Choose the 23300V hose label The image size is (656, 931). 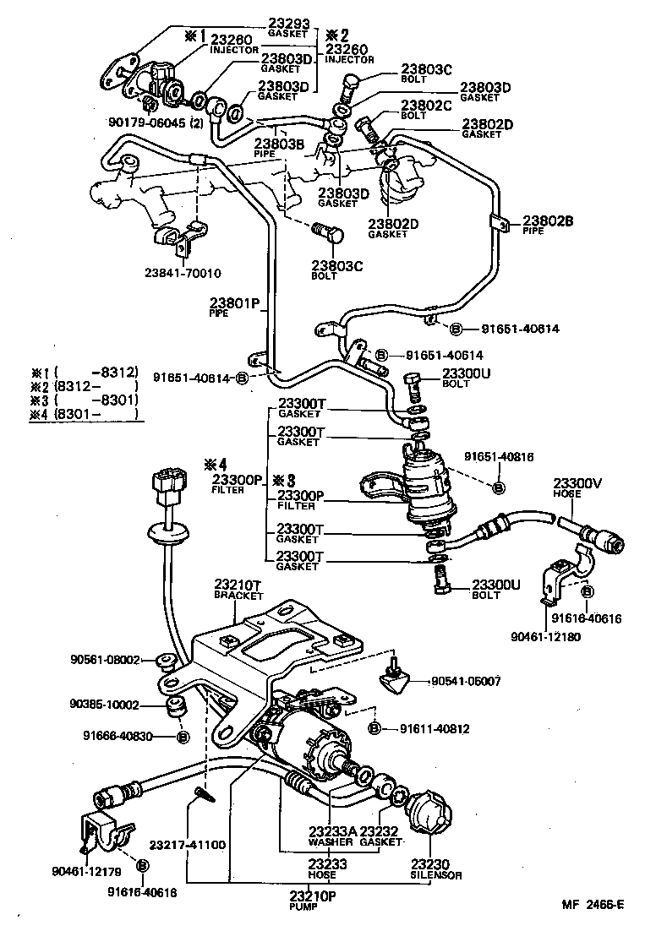tap(577, 483)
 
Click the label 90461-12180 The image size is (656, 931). tap(547, 636)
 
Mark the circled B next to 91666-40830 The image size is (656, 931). tap(182, 738)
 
